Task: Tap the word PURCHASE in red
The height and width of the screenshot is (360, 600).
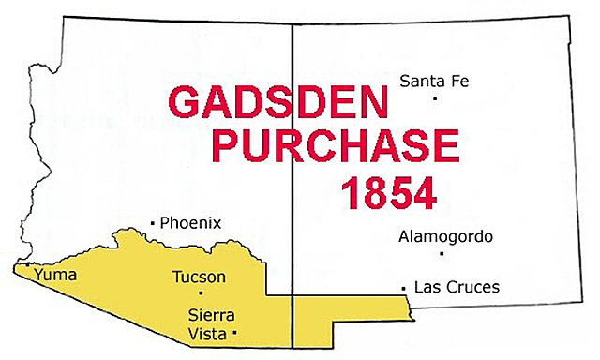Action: click(x=335, y=146)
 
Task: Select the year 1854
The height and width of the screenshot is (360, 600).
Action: click(x=388, y=192)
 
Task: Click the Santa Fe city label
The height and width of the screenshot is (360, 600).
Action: click(x=433, y=82)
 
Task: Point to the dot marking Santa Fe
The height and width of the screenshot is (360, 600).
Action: click(x=435, y=98)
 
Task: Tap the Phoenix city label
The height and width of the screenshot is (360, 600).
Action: click(x=190, y=223)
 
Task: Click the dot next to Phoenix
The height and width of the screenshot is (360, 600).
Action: click(x=152, y=223)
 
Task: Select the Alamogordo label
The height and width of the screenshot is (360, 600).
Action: click(x=445, y=236)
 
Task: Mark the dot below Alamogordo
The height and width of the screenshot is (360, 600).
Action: click(x=441, y=253)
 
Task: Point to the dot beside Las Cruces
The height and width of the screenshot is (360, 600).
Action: click(x=403, y=287)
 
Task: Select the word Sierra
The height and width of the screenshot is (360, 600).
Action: click(x=210, y=314)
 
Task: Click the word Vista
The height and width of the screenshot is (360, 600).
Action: click(x=207, y=332)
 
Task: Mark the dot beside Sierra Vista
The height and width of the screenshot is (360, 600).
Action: click(x=234, y=333)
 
